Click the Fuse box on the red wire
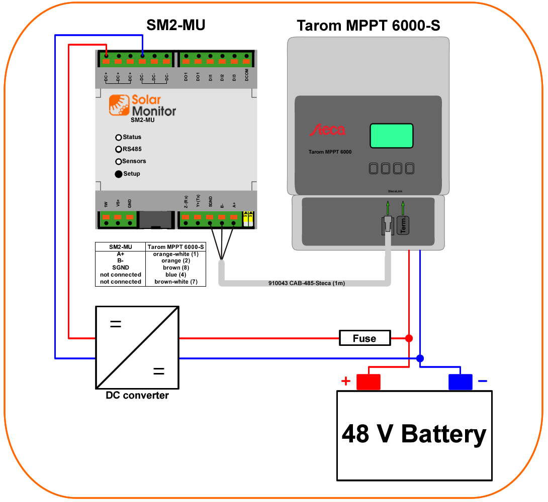pos(365,338)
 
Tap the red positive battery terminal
pos(369,382)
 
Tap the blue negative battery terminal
pos(461,382)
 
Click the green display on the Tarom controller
pos(392,136)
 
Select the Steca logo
pos(327,131)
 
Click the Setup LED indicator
pos(119,174)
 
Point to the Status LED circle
pos(119,137)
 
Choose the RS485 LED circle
pos(119,149)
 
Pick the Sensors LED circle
pos(119,162)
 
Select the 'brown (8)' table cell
pos(175,268)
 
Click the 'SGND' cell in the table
pos(121,268)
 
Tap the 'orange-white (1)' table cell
pos(175,254)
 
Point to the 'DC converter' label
pos(137,396)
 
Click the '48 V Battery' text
pos(414,434)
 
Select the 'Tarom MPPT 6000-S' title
pos(369,25)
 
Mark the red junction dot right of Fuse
pos(409,338)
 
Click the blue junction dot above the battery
pos(420,358)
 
